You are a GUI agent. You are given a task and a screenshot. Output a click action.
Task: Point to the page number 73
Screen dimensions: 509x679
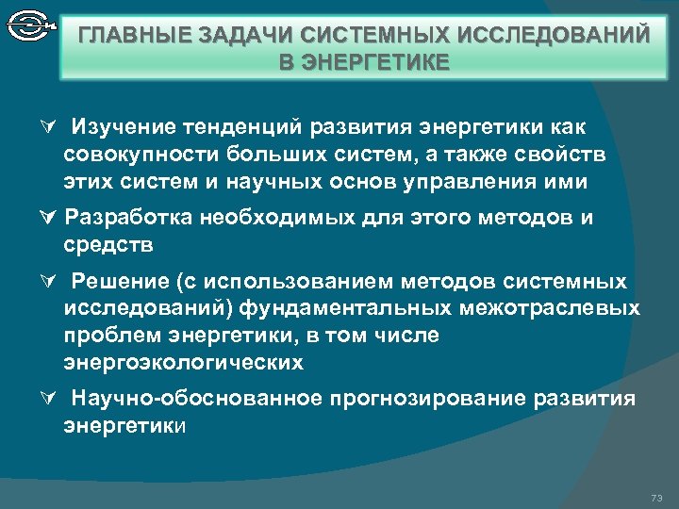click(656, 497)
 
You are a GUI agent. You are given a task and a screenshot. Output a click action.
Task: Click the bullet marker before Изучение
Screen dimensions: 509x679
click(51, 127)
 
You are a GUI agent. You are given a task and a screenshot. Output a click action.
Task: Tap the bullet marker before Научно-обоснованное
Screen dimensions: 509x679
click(51, 400)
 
